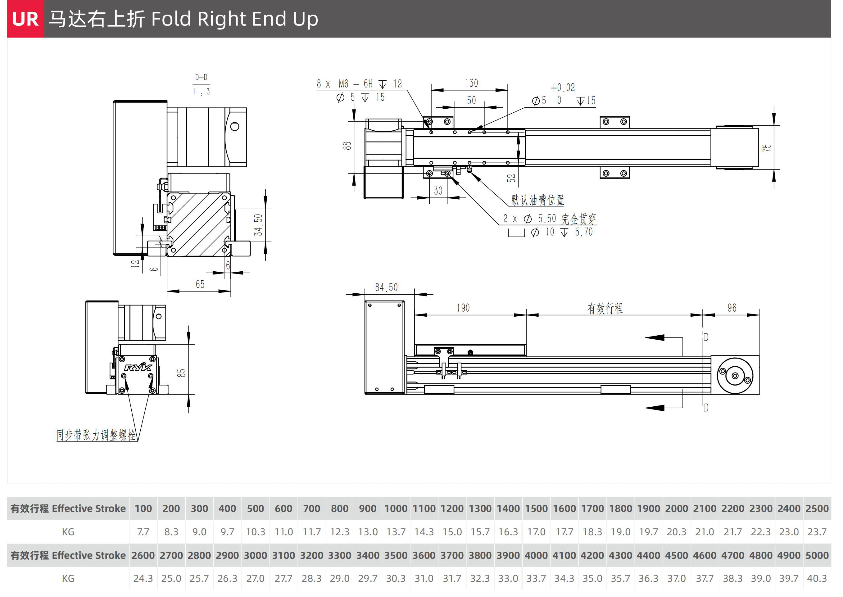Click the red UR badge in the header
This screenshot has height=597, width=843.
click(25, 19)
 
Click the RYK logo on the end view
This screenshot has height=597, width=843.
click(138, 367)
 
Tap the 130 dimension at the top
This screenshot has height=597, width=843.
click(471, 83)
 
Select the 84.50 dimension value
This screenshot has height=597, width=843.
click(386, 287)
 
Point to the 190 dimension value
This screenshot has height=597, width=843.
click(463, 308)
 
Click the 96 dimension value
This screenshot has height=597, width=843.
click(732, 308)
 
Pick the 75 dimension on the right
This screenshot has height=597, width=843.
click(766, 148)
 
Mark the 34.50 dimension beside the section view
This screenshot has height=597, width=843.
click(258, 224)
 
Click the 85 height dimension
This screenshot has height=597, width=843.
click(181, 373)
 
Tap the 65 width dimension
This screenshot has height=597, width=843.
click(200, 284)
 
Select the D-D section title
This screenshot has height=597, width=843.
click(201, 77)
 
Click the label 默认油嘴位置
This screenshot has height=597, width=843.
click(537, 200)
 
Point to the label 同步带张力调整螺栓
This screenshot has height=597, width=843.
click(96, 435)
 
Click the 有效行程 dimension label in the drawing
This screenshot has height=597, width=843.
click(605, 308)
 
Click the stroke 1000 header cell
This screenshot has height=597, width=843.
click(396, 509)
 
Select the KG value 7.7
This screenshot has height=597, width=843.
click(143, 532)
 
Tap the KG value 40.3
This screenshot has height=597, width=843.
click(817, 579)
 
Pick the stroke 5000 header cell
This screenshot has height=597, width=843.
click(817, 555)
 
